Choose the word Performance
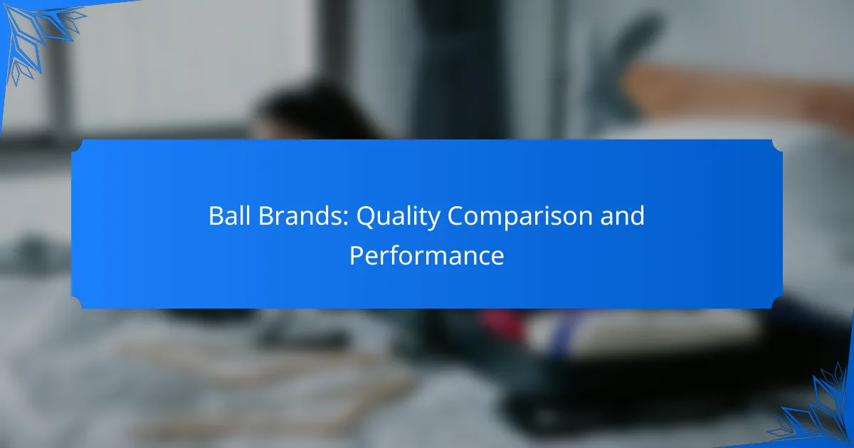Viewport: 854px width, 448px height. click(x=426, y=255)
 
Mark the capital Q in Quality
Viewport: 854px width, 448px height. click(x=364, y=216)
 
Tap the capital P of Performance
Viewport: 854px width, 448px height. click(x=354, y=255)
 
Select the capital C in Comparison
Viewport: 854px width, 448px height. click(x=455, y=216)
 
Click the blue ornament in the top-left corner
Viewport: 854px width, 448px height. click(x=36, y=32)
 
